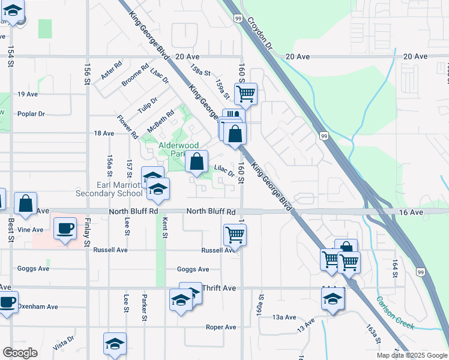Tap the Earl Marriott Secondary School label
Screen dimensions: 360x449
coord(109,189)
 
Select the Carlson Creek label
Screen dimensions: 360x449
coord(396,312)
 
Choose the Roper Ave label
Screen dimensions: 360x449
coord(221,327)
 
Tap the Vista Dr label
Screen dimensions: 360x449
coord(63,343)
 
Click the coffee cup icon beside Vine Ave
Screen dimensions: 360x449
coord(65,229)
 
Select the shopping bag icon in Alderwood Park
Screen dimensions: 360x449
coord(196,161)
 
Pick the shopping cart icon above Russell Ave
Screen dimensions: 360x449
coord(234,235)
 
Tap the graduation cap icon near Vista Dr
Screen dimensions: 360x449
coord(115,344)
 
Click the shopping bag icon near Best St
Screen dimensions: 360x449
coord(25,203)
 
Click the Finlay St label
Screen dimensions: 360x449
coord(88,233)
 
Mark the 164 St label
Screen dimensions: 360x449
coord(395,268)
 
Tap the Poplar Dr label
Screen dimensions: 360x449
coord(31,113)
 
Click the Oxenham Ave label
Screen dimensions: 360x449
coord(37,307)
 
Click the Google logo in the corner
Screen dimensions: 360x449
coord(20,353)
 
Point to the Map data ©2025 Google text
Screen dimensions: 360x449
coord(411,355)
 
